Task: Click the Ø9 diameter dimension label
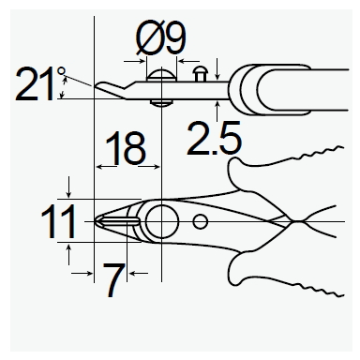click(x=161, y=38)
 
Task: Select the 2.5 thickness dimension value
click(x=215, y=139)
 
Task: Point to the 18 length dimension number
click(x=126, y=148)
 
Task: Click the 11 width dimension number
click(x=58, y=221)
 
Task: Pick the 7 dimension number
click(x=113, y=280)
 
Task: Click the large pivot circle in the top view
click(x=161, y=221)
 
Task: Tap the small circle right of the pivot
click(x=200, y=221)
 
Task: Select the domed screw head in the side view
click(x=161, y=76)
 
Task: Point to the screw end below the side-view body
click(x=161, y=103)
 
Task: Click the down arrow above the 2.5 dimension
click(x=217, y=68)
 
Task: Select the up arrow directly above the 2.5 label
click(x=217, y=112)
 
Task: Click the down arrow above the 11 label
click(x=69, y=187)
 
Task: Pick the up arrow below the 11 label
click(x=69, y=254)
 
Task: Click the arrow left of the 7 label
click(x=82, y=274)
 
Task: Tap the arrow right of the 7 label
click(x=138, y=274)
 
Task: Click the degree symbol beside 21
click(x=62, y=71)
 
